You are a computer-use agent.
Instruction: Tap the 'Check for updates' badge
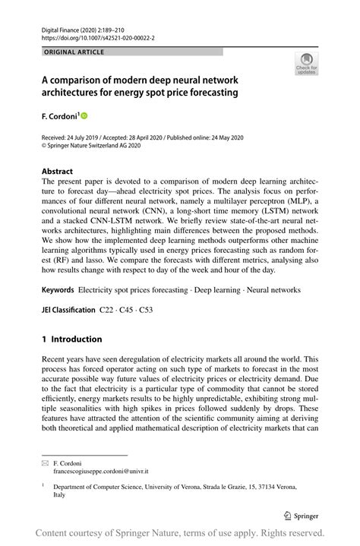coord(306,64)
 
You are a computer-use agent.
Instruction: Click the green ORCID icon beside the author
coord(84,115)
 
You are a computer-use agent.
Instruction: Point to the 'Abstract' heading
coord(58,172)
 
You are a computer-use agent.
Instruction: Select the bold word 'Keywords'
coord(58,289)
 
